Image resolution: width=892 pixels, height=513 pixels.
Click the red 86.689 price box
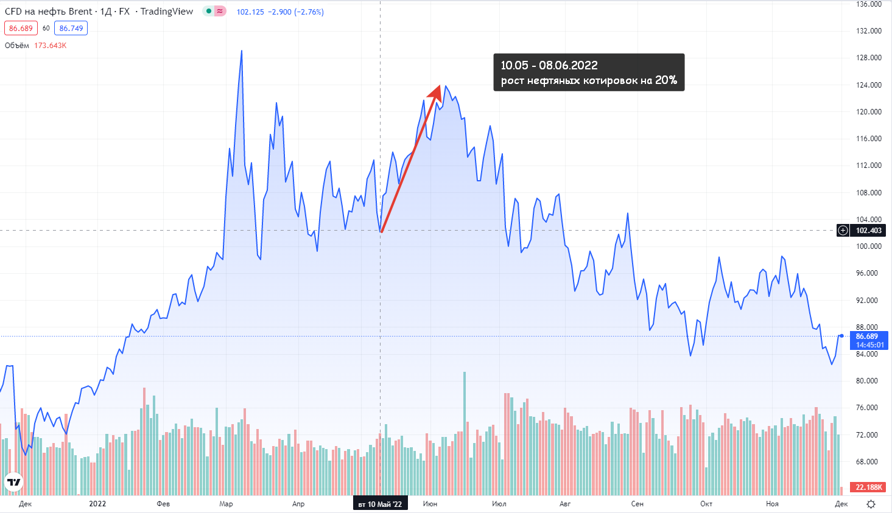(21, 29)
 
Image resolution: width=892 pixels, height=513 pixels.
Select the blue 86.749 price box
(71, 29)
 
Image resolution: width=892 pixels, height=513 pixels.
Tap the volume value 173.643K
(51, 46)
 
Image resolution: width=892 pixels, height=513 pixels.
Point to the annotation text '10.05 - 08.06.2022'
(549, 65)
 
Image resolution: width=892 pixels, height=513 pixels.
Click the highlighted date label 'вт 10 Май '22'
(380, 504)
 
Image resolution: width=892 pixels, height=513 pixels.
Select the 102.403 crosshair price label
(868, 231)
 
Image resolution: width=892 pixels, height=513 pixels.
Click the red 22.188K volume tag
(869, 487)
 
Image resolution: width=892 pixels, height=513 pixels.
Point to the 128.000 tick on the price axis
(869, 58)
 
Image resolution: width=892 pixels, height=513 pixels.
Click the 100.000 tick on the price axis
(869, 246)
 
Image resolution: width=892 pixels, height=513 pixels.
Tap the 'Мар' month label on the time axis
(226, 504)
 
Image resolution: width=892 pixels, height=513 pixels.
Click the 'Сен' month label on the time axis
(637, 504)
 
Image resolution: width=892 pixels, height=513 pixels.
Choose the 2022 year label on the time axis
(97, 504)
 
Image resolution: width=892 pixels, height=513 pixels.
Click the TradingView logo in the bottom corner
(13, 482)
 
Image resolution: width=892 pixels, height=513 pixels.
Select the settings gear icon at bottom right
(871, 504)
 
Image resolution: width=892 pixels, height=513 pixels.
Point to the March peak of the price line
(242, 51)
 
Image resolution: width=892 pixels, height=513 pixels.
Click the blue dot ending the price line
(841, 336)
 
